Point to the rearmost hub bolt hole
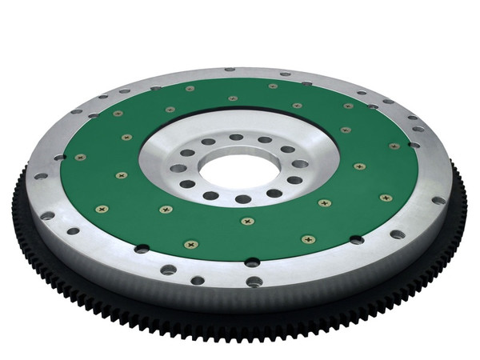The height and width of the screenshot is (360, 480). tap(237, 137)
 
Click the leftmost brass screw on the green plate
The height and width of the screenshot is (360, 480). tap(79, 157)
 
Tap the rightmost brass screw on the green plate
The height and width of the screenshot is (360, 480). tap(394, 146)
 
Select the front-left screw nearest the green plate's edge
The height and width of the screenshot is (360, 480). tap(190, 244)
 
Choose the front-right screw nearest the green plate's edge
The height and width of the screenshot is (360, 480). tap(308, 238)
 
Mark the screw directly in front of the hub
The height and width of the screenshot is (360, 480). tap(248, 220)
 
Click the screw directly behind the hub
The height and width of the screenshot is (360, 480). tap(233, 98)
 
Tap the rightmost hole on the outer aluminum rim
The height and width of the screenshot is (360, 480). tap(438, 200)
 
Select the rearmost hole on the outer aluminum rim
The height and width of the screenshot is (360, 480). tap(229, 70)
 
